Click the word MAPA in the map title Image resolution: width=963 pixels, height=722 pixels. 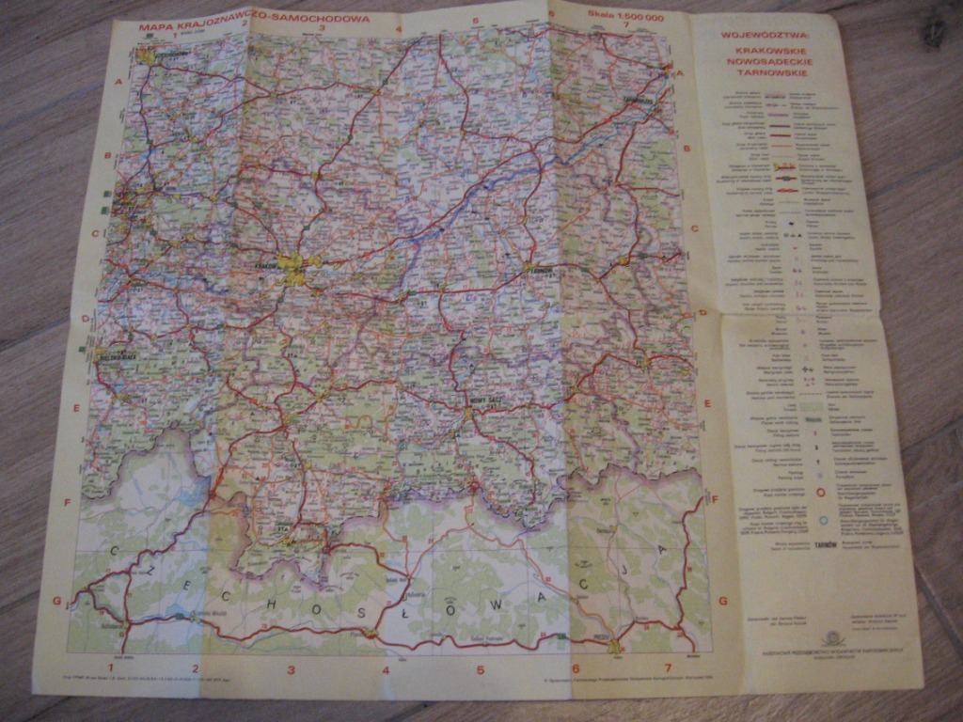pyautogui.click(x=156, y=27)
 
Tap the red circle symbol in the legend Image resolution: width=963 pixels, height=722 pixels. pyautogui.click(x=820, y=491)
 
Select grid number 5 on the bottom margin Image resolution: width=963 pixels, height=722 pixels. pyautogui.click(x=479, y=670)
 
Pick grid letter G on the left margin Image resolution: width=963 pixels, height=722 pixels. pyautogui.click(x=56, y=600)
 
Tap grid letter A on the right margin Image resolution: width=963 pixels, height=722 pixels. pyautogui.click(x=679, y=73)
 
